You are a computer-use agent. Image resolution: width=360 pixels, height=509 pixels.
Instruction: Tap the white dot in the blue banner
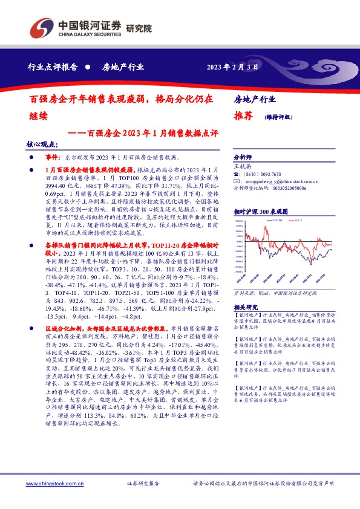(88, 67)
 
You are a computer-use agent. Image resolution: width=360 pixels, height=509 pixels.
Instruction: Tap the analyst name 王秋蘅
(242, 165)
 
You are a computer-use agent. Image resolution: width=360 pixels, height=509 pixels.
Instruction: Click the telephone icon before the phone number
(237, 173)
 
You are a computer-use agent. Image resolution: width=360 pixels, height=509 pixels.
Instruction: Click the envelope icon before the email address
(237, 181)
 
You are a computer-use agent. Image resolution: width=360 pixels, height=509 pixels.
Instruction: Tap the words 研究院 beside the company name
(139, 28)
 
